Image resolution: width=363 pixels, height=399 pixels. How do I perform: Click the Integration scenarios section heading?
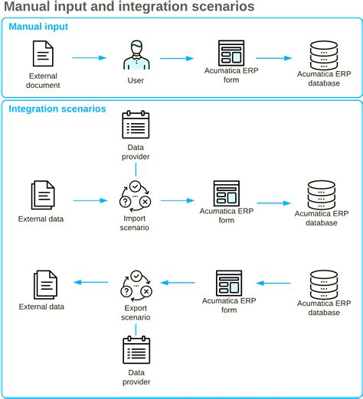[57, 109]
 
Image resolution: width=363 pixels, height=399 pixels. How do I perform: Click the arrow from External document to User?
[89, 57]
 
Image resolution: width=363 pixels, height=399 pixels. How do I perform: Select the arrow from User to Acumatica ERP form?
[175, 57]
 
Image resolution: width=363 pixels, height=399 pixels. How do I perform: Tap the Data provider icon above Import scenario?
[136, 125]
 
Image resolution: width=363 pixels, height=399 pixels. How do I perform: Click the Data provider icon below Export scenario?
[136, 351]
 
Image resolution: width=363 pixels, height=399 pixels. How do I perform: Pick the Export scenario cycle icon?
[136, 285]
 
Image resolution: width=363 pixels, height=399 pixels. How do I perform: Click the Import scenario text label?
[136, 222]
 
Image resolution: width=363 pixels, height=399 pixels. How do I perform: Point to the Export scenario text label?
[136, 312]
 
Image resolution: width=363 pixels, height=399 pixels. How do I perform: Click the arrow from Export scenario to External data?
[89, 283]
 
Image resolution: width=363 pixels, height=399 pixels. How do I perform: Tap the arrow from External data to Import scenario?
[89, 200]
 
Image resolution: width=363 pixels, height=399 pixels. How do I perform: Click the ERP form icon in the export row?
[229, 283]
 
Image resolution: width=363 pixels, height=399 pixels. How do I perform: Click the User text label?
[136, 80]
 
